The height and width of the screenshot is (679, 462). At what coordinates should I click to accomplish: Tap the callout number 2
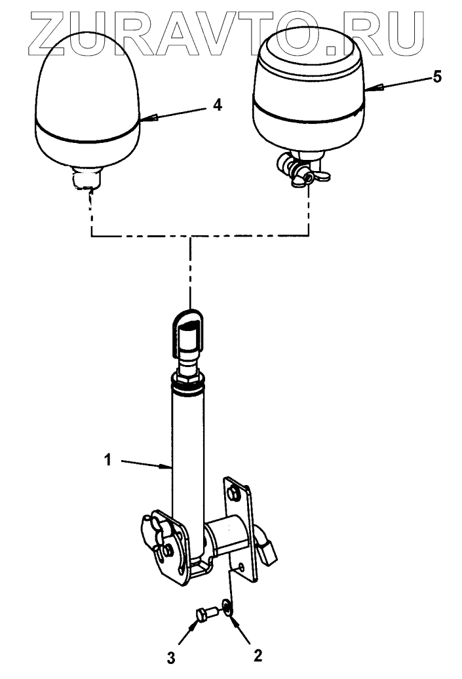[258, 655]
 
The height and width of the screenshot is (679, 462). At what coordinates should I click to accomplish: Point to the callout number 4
[218, 105]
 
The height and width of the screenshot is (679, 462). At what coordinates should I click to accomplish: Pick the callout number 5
[436, 77]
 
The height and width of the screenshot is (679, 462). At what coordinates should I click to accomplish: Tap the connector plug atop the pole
[190, 331]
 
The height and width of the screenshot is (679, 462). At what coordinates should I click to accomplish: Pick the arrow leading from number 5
[396, 83]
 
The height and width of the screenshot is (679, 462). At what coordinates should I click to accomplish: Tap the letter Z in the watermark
[42, 31]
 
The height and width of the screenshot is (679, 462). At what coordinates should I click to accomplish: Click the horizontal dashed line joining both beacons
[197, 234]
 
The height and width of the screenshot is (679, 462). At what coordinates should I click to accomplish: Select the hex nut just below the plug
[190, 376]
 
